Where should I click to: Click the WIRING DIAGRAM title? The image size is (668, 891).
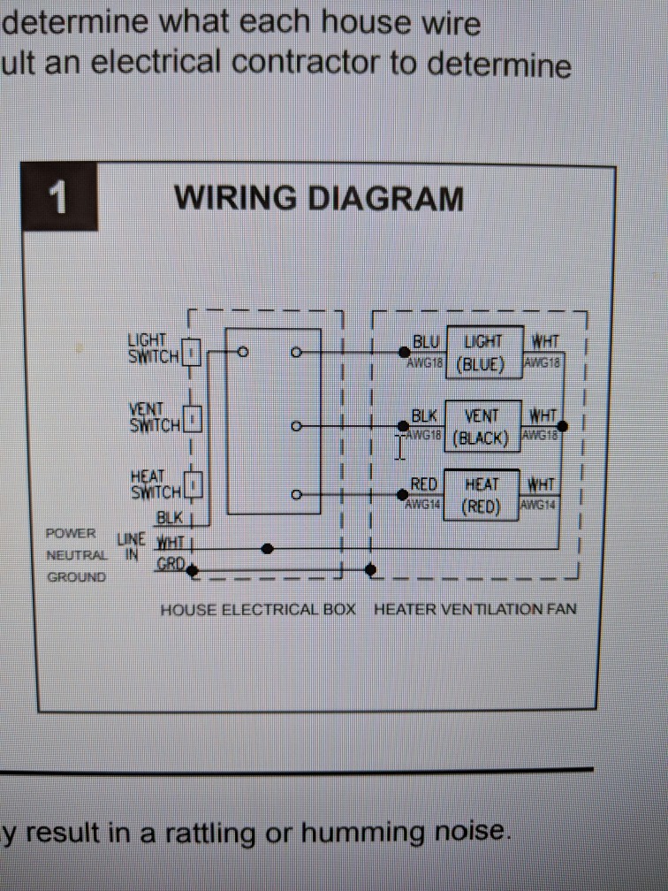(x=319, y=197)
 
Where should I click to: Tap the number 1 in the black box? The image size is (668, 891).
(x=59, y=198)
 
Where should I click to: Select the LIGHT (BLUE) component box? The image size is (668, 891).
(x=482, y=354)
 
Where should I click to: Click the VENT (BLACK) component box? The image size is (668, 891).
(x=482, y=426)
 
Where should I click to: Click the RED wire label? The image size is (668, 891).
(x=424, y=484)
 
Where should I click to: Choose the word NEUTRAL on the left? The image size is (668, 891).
(x=78, y=556)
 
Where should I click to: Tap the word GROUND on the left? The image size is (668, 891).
(x=76, y=577)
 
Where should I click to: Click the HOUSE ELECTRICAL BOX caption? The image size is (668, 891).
(x=257, y=610)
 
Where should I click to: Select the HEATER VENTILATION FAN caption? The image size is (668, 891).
(x=475, y=610)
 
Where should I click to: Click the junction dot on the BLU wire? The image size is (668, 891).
(x=404, y=353)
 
